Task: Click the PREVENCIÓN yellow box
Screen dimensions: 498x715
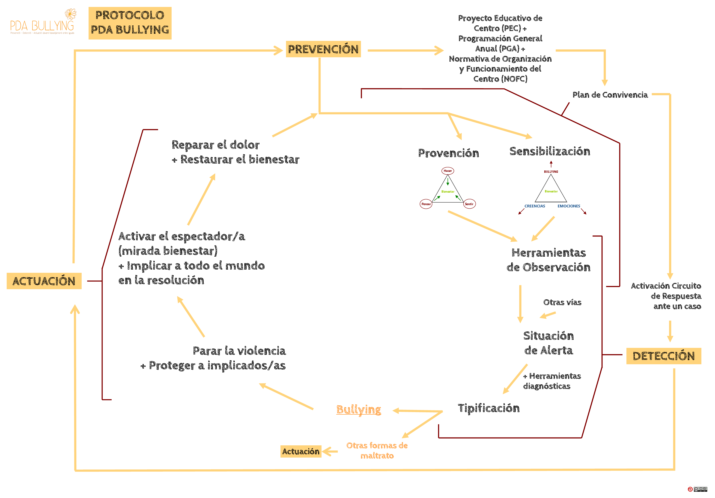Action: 323,49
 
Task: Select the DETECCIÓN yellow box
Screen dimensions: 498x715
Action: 663,356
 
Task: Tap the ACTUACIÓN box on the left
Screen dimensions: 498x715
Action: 44,281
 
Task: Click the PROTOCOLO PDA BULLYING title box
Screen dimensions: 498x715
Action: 130,23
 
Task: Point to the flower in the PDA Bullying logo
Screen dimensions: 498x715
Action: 71,14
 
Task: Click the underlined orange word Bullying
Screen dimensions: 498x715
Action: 358,410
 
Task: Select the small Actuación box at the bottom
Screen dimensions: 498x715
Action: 301,451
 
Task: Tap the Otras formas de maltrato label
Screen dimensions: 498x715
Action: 377,450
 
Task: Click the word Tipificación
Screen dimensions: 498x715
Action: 489,408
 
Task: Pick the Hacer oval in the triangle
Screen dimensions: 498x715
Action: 447,171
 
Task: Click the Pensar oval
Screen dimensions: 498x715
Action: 426,204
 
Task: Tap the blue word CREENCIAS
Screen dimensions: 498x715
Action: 535,206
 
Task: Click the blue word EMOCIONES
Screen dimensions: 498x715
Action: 569,206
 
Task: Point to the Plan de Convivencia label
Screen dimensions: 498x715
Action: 610,95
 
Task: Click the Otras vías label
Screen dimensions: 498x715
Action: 562,302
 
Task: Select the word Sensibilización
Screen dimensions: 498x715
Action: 550,151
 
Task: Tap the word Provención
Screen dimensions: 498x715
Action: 448,153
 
